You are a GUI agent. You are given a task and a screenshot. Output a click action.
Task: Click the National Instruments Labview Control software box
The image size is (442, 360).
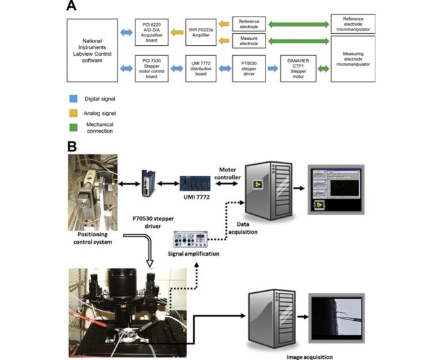click(92, 50)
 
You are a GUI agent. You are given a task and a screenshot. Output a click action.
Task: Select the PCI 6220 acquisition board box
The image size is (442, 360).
click(152, 32)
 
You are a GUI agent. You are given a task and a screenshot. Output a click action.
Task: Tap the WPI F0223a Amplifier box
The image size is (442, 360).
click(201, 32)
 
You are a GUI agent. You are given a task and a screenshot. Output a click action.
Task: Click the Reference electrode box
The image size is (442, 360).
click(249, 24)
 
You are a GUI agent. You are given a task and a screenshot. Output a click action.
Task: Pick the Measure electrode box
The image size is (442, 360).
click(249, 41)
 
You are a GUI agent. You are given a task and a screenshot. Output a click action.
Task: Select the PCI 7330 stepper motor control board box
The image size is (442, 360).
click(152, 68)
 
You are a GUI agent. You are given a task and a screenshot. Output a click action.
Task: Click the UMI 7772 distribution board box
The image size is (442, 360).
click(201, 68)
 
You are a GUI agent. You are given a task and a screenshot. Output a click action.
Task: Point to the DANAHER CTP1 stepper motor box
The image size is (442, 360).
click(298, 68)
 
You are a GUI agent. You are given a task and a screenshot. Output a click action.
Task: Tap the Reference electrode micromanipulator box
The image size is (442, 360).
click(353, 24)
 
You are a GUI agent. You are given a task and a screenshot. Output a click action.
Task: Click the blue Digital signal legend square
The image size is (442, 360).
click(73, 98)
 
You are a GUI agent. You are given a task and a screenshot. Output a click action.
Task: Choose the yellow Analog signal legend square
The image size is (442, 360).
click(73, 113)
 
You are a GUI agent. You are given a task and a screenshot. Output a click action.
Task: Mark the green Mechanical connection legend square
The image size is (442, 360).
click(73, 128)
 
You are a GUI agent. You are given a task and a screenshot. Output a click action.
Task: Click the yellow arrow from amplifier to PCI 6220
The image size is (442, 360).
click(177, 32)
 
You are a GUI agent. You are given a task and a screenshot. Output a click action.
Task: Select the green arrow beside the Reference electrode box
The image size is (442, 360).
click(299, 25)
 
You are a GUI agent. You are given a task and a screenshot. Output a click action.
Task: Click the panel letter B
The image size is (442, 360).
click(72, 146)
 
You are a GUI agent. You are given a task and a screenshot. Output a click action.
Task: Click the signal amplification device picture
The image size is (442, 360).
click(191, 239)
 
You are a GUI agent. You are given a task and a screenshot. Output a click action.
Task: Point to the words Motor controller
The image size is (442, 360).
click(228, 173)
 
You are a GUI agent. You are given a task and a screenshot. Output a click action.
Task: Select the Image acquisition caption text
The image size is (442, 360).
click(309, 357)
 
